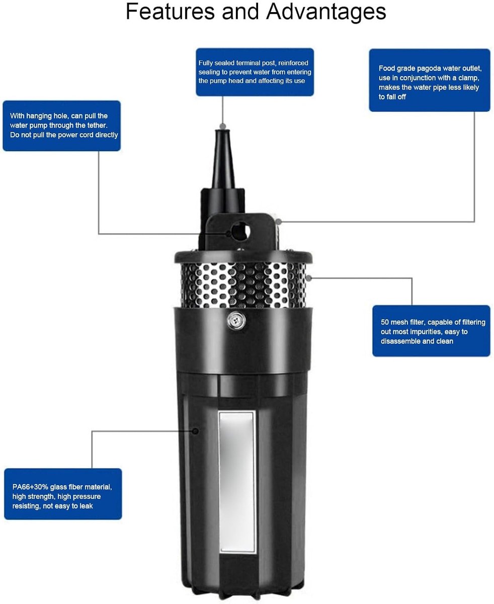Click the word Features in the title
(x=171, y=12)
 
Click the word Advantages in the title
(x=326, y=12)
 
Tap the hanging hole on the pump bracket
(x=240, y=232)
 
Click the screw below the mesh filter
(x=236, y=321)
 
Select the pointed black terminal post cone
(x=223, y=159)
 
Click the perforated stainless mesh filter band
(x=243, y=285)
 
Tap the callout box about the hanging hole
(x=61, y=126)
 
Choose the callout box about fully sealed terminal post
(x=255, y=72)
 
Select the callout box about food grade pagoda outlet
(x=429, y=80)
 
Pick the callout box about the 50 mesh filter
(x=431, y=331)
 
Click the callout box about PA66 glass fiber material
(x=63, y=494)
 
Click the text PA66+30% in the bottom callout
(x=30, y=487)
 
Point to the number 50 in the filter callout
(x=385, y=322)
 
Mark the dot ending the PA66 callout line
(x=196, y=431)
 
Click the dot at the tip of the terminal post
(x=223, y=126)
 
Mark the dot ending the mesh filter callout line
(x=308, y=277)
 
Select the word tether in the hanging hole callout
(x=97, y=125)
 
